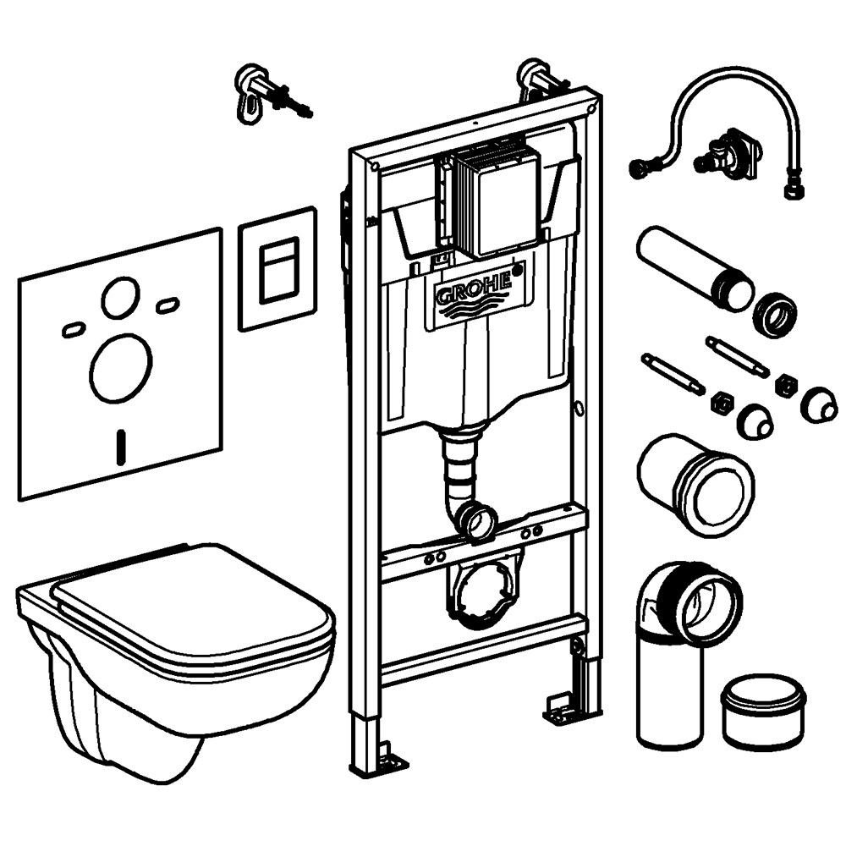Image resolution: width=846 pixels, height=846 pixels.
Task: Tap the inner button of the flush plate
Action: pyautogui.click(x=278, y=269)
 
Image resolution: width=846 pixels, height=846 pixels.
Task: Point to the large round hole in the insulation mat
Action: pyautogui.click(x=121, y=367)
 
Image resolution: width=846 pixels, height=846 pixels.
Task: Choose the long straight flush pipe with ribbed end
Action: pyautogui.click(x=689, y=266)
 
